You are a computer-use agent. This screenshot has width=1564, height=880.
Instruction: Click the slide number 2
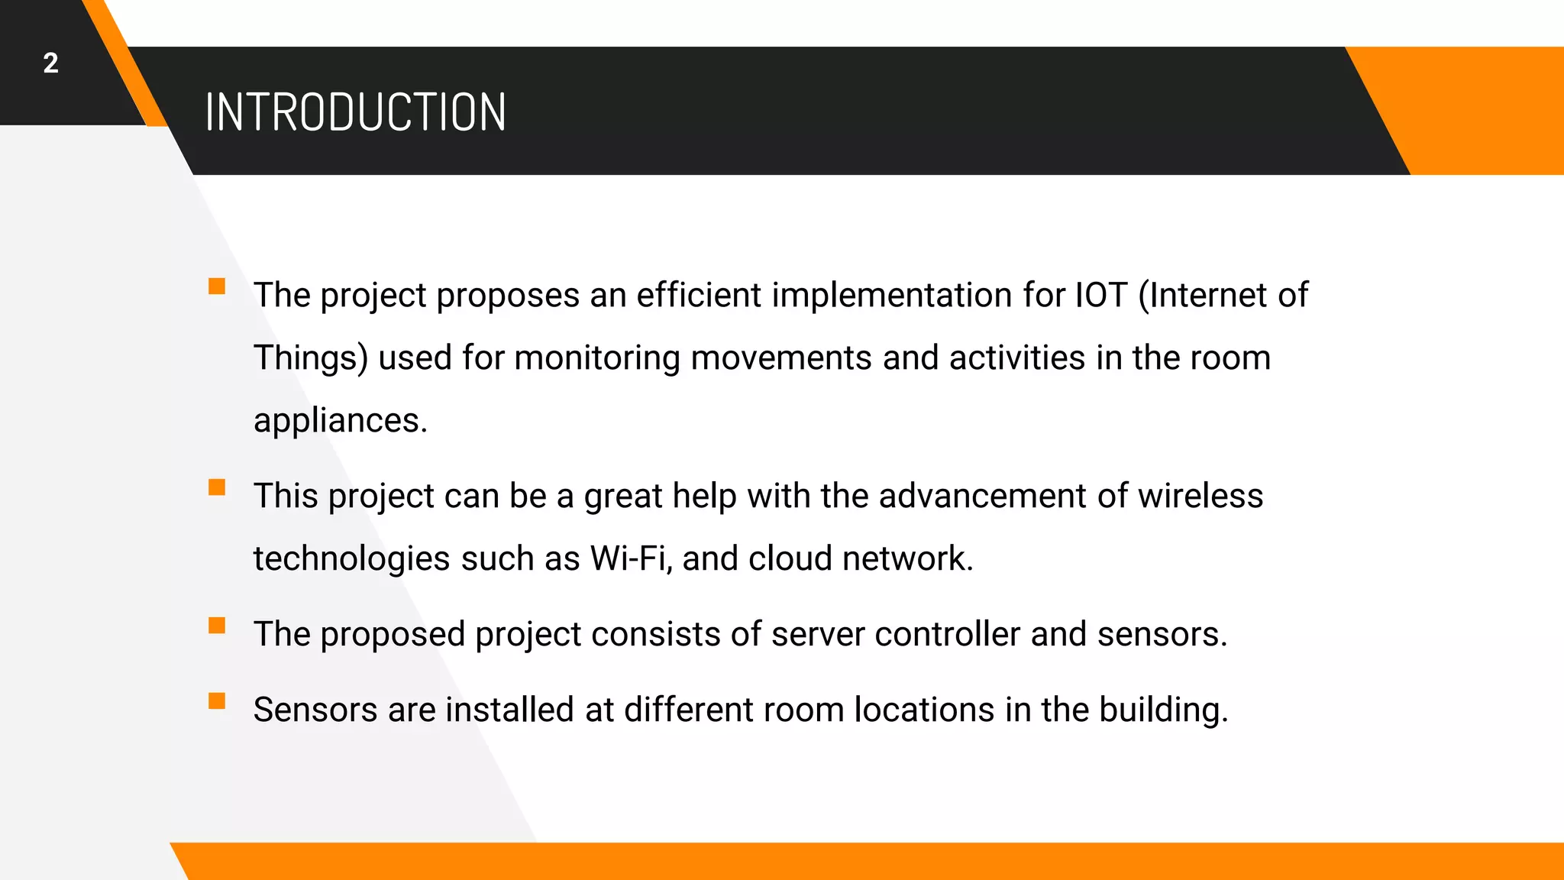(50, 63)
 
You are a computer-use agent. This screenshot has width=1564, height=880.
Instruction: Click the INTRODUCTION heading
(355, 112)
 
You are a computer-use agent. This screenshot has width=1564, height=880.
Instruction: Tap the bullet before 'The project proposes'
(217, 286)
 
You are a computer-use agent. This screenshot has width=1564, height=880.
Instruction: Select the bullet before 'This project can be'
(217, 487)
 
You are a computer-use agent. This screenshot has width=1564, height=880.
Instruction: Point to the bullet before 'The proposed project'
(217, 626)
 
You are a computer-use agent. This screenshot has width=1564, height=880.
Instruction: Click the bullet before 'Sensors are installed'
(217, 701)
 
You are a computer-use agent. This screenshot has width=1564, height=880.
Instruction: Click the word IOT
(1100, 295)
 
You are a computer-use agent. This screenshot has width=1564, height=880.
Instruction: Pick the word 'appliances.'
(341, 421)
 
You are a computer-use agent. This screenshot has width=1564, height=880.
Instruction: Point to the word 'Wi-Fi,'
(631, 558)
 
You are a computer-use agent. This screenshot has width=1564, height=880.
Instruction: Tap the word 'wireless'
(1200, 496)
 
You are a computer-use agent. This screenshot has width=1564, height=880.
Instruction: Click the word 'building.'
(1164, 710)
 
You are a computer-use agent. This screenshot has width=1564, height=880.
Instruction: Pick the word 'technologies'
(351, 558)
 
